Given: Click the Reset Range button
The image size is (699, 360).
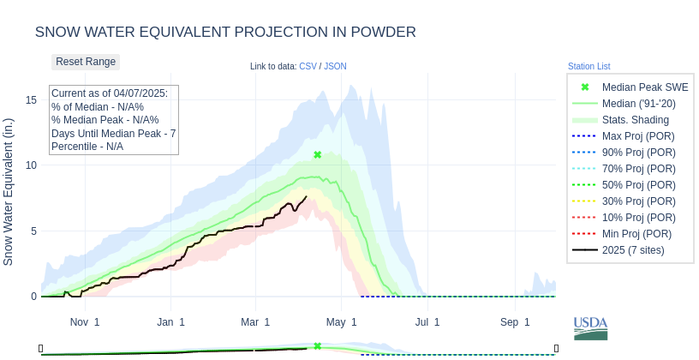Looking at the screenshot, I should click(x=86, y=62).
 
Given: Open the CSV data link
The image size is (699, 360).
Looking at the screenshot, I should click(x=308, y=66).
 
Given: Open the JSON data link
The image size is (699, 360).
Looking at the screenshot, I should click(x=335, y=66).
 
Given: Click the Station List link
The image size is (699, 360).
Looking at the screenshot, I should click(x=588, y=66).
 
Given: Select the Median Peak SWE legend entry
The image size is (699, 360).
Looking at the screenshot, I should click(x=644, y=87).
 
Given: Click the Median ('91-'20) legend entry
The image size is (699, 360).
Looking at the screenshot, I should click(x=638, y=104).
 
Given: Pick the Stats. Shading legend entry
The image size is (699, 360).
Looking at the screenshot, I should click(x=635, y=120).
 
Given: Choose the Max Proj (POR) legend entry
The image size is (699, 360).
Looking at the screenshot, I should click(x=637, y=136).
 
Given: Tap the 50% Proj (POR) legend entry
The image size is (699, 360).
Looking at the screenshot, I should click(x=637, y=185).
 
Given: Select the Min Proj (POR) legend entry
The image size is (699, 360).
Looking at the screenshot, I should click(x=636, y=234).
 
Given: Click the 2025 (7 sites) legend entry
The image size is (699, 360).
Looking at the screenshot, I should click(x=633, y=250).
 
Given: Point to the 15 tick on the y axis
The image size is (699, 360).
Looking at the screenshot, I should click(x=31, y=100).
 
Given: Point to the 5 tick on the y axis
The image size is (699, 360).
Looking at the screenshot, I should click(x=33, y=231).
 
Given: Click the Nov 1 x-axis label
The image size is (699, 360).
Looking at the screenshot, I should click(x=85, y=322).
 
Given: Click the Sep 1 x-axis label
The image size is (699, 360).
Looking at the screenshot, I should click(x=515, y=322).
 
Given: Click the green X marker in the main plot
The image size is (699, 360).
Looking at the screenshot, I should click(x=318, y=155).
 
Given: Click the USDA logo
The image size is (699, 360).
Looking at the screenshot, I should click(x=590, y=327).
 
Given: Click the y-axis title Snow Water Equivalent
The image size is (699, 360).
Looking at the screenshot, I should click(x=9, y=191).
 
